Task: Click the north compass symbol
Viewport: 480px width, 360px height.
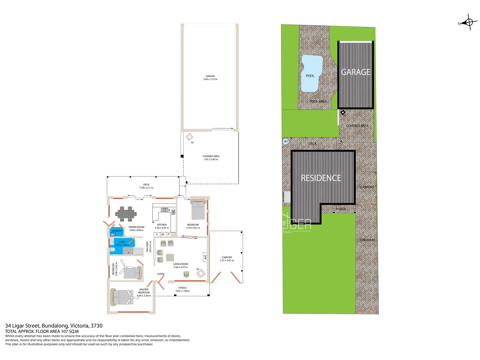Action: pyautogui.click(x=469, y=23)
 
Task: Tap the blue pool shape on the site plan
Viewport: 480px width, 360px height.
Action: pyautogui.click(x=311, y=73)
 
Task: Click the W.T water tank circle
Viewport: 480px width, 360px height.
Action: pyautogui.click(x=286, y=142)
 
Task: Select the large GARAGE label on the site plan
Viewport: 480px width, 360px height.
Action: pyautogui.click(x=355, y=72)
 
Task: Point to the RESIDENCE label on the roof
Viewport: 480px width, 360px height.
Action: pyautogui.click(x=321, y=178)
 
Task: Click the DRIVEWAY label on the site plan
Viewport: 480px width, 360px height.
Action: pyautogui.click(x=367, y=240)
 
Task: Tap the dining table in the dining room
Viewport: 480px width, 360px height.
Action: pyautogui.click(x=126, y=214)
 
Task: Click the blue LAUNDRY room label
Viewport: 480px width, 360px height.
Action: pyautogui.click(x=117, y=231)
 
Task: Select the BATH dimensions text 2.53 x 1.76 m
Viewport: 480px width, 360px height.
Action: pyautogui.click(x=122, y=245)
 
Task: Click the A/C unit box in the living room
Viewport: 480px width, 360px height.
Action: pyautogui.click(x=205, y=257)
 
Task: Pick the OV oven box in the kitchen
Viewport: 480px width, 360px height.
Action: pyautogui.click(x=163, y=234)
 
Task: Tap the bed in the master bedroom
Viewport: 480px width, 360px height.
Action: pyautogui.click(x=122, y=297)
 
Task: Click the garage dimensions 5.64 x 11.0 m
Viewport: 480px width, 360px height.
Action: pyautogui.click(x=210, y=79)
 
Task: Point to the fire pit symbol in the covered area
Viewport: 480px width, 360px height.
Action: pyautogui.click(x=189, y=137)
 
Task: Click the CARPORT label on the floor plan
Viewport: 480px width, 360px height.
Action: pyautogui.click(x=227, y=257)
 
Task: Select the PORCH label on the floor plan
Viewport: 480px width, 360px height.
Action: pyautogui.click(x=182, y=288)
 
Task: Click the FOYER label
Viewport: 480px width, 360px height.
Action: pyautogui.click(x=161, y=274)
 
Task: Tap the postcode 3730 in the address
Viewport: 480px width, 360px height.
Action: pyautogui.click(x=97, y=326)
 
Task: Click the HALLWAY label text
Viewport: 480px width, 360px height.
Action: pyautogui.click(x=147, y=247)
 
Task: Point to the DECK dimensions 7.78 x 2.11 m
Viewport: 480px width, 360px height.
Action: pyautogui.click(x=146, y=188)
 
